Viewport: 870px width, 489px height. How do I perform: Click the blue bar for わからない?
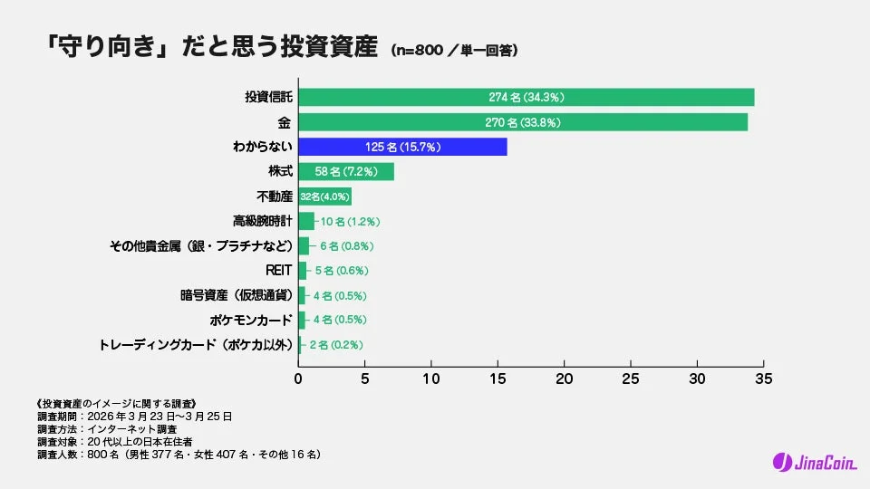402,147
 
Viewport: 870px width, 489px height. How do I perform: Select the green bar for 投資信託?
526,97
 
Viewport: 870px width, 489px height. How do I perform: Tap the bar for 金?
523,122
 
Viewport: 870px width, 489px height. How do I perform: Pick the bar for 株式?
346,171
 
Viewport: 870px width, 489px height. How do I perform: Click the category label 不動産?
275,197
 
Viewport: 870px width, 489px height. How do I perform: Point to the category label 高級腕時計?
262,221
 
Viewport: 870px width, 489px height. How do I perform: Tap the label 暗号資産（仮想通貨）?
236,295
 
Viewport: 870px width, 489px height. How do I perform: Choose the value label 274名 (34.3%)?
527,97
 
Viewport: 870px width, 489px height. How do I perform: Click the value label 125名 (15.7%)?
402,147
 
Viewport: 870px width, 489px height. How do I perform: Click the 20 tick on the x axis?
565,378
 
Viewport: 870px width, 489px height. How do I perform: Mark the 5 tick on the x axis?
365,378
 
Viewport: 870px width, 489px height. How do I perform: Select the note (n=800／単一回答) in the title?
454,51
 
